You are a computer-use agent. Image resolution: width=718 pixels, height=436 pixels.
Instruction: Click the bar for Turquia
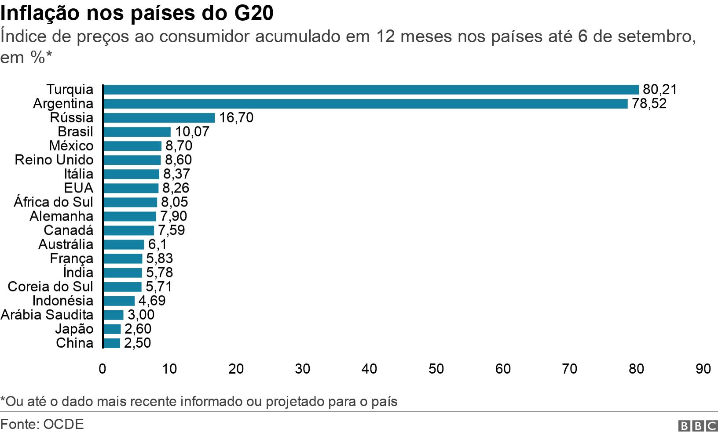(x=370, y=90)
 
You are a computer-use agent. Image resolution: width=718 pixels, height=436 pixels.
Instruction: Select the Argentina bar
(x=365, y=104)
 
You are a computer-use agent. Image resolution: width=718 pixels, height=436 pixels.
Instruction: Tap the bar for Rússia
(x=159, y=118)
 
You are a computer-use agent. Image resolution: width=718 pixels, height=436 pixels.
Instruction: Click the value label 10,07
(x=192, y=131)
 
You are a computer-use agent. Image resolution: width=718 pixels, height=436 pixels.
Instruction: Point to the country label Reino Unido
(x=54, y=160)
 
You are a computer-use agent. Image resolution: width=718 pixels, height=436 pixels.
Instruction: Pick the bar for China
(x=111, y=343)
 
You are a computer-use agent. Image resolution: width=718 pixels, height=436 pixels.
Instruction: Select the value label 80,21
(x=659, y=89)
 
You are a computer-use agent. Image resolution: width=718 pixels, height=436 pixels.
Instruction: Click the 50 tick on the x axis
(x=436, y=368)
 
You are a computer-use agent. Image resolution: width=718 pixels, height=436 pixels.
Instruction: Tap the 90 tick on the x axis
(x=703, y=368)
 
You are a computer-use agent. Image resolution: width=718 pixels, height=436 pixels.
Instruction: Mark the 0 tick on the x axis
(x=103, y=368)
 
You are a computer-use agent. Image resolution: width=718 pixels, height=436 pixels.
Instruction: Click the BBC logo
(x=698, y=425)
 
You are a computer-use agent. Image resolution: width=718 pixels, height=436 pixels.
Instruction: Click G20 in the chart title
(x=254, y=13)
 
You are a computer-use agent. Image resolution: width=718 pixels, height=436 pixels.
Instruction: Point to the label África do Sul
(x=54, y=202)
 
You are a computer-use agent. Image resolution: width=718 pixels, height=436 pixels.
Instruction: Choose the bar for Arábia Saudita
(x=113, y=315)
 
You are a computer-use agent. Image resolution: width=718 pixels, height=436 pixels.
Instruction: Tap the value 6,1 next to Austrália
(x=157, y=244)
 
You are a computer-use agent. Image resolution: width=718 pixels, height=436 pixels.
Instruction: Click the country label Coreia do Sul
(x=51, y=286)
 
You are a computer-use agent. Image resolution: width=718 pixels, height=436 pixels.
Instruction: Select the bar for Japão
(x=112, y=329)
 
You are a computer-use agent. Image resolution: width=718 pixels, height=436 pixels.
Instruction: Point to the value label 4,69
(x=152, y=300)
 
